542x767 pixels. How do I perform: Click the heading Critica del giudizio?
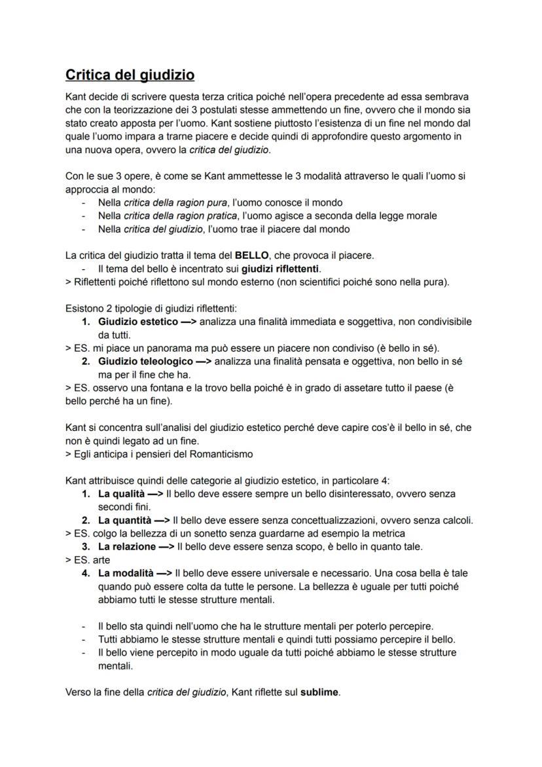pyautogui.click(x=130, y=75)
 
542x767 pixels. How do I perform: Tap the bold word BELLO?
pyautogui.click(x=251, y=255)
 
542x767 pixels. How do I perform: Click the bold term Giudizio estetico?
pyautogui.click(x=137, y=322)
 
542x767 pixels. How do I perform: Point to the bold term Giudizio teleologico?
pyautogui.click(x=145, y=362)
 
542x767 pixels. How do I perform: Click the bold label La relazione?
pyautogui.click(x=127, y=546)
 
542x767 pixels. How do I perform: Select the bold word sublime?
pyautogui.click(x=319, y=692)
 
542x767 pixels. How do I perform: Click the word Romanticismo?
pyautogui.click(x=220, y=454)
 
